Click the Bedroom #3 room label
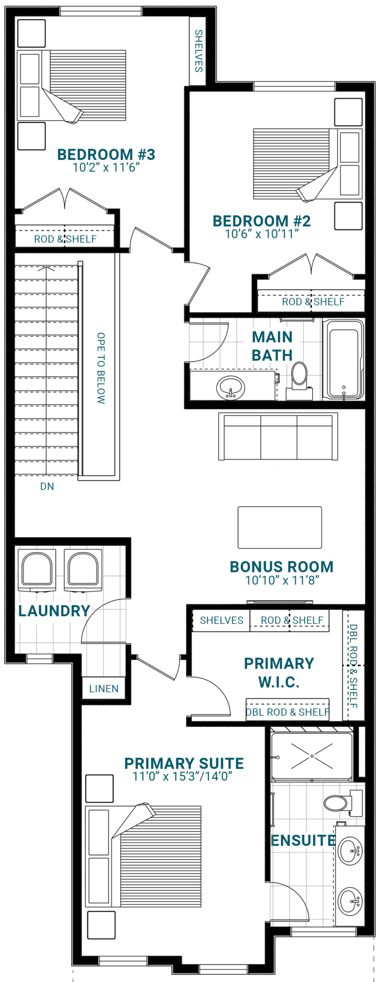[106, 154]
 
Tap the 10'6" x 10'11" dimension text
[262, 234]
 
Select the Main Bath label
[272, 346]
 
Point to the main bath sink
[230, 387]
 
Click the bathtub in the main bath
[344, 359]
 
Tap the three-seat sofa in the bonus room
[278, 436]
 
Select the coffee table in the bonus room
[280, 527]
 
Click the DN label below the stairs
[47, 487]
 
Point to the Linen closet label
[104, 689]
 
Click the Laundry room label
[54, 611]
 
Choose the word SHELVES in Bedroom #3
[198, 51]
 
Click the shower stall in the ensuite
[312, 756]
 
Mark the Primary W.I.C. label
[279, 672]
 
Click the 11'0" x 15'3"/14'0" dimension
[182, 776]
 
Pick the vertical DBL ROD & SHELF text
[353, 666]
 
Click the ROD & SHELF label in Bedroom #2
[313, 301]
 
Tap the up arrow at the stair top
[47, 269]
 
